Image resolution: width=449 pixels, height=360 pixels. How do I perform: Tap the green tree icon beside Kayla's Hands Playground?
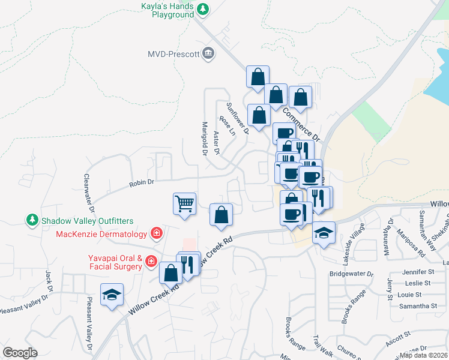pyautogui.click(x=203, y=9)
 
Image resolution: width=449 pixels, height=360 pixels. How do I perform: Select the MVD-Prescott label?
pyautogui.click(x=173, y=54)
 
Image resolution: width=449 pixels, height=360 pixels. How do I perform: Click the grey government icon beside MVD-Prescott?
pyautogui.click(x=208, y=53)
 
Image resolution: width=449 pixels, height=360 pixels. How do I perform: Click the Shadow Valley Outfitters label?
pyautogui.click(x=87, y=221)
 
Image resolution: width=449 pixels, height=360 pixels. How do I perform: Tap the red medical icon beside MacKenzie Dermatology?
pyautogui.click(x=156, y=233)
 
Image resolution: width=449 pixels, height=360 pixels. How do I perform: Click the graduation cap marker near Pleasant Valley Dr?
pyautogui.click(x=112, y=294)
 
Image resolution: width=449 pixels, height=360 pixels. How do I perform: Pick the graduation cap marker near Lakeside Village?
pyautogui.click(x=324, y=232)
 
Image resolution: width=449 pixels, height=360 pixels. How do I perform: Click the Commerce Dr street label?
pyautogui.click(x=301, y=124)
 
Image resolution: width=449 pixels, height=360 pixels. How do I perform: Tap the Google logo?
pyautogui.click(x=20, y=353)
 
